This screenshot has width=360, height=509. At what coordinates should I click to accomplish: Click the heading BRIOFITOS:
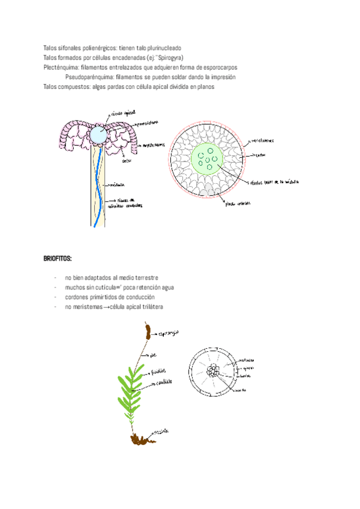coord(58,259)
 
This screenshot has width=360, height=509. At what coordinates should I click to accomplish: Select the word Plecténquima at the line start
coord(59,67)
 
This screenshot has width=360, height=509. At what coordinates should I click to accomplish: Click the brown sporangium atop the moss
coord(146,330)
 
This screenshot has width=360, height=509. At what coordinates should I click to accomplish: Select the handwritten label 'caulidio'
coord(166,382)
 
